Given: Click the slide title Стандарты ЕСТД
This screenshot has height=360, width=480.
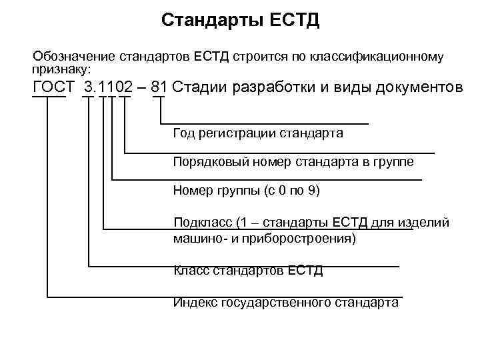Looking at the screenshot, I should [240, 21].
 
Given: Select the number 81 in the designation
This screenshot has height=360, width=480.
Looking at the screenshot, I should [159, 88].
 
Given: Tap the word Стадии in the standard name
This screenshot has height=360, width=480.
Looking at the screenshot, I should [201, 88].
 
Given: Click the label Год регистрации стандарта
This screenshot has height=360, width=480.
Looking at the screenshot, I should [257, 133].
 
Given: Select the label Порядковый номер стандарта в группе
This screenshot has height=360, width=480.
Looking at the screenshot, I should [293, 162].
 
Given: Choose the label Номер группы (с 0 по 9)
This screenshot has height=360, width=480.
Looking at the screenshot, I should [247, 191].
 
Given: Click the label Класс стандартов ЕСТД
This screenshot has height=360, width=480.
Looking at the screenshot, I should [247, 270].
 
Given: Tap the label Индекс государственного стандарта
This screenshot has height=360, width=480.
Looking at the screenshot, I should [285, 302].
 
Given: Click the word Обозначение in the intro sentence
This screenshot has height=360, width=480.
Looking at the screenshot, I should [73, 56].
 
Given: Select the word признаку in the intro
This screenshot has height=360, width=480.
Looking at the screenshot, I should [59, 69].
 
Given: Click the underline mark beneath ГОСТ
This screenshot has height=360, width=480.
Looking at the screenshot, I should [49, 97].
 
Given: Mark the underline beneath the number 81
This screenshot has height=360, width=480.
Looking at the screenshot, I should [159, 97].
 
